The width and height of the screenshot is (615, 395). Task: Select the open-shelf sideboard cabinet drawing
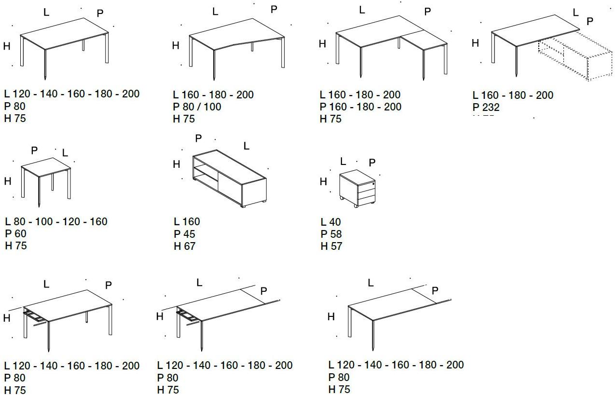230,178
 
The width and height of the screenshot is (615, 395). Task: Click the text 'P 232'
486,108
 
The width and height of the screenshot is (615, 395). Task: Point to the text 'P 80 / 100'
197,107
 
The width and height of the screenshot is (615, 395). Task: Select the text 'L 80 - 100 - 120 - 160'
56,221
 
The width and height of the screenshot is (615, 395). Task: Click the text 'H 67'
184,246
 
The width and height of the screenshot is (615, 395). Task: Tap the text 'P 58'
331,234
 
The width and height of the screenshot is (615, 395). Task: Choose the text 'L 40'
330,222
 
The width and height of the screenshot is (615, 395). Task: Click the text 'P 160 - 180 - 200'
360,107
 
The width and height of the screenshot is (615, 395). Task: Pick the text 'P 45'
184,234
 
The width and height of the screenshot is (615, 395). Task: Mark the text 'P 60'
15,233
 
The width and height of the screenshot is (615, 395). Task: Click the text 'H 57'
331,246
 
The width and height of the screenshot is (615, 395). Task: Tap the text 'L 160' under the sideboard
186,221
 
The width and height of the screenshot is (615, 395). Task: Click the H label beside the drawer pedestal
323,182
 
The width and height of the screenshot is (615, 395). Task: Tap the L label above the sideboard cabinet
246,146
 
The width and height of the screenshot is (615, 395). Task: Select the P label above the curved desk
274,9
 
